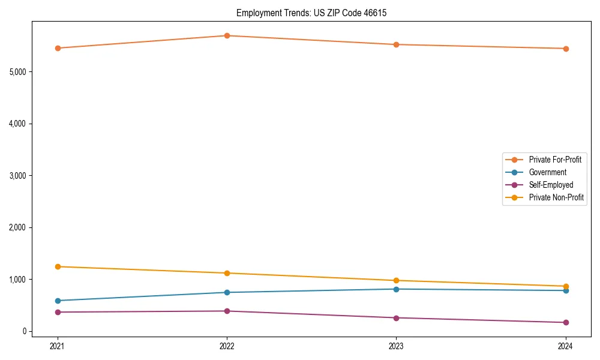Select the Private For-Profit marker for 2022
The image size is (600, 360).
click(x=227, y=35)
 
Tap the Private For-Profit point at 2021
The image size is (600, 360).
click(x=58, y=48)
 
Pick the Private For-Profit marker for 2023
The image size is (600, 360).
click(x=396, y=44)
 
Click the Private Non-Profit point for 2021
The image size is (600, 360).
click(x=58, y=266)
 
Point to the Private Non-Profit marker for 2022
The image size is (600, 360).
click(x=227, y=273)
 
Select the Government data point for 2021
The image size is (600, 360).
click(x=58, y=301)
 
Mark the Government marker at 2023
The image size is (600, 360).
click(x=396, y=289)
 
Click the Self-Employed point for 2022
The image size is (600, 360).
click(x=227, y=311)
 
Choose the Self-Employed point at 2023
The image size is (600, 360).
click(x=396, y=317)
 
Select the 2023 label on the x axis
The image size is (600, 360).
click(x=396, y=346)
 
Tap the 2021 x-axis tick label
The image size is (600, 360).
click(x=58, y=346)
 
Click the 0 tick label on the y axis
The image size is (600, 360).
click(x=25, y=331)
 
